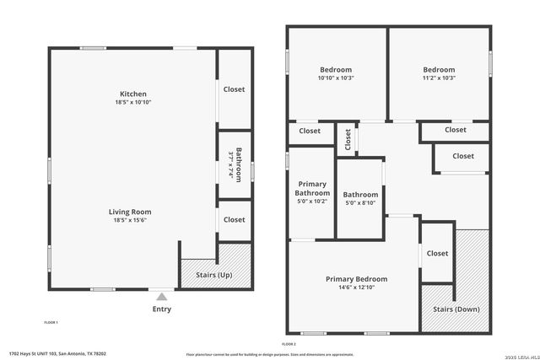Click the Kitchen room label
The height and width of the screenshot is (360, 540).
pyautogui.click(x=132, y=94)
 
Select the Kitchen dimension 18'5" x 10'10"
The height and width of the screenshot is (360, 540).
pyautogui.click(x=132, y=103)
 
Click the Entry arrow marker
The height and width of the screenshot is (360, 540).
pyautogui.click(x=161, y=297)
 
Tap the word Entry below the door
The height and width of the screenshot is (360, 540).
pyautogui.click(x=161, y=309)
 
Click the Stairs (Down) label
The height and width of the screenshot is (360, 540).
pyautogui.click(x=456, y=309)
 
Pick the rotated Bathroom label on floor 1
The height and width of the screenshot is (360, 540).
pyautogui.click(x=239, y=164)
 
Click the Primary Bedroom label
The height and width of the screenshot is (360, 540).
pyautogui.click(x=356, y=279)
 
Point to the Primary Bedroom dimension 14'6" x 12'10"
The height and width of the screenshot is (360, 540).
pyautogui.click(x=356, y=288)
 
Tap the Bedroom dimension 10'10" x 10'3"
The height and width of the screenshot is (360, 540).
pyautogui.click(x=336, y=78)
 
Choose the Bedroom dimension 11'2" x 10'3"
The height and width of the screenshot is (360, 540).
pyautogui.click(x=439, y=78)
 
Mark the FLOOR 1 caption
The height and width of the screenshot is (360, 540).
pyautogui.click(x=51, y=323)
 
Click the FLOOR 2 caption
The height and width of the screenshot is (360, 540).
pyautogui.click(x=289, y=344)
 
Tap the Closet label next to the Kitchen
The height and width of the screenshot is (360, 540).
pyautogui.click(x=234, y=89)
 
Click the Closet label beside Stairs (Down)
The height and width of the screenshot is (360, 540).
pyautogui.click(x=437, y=254)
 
